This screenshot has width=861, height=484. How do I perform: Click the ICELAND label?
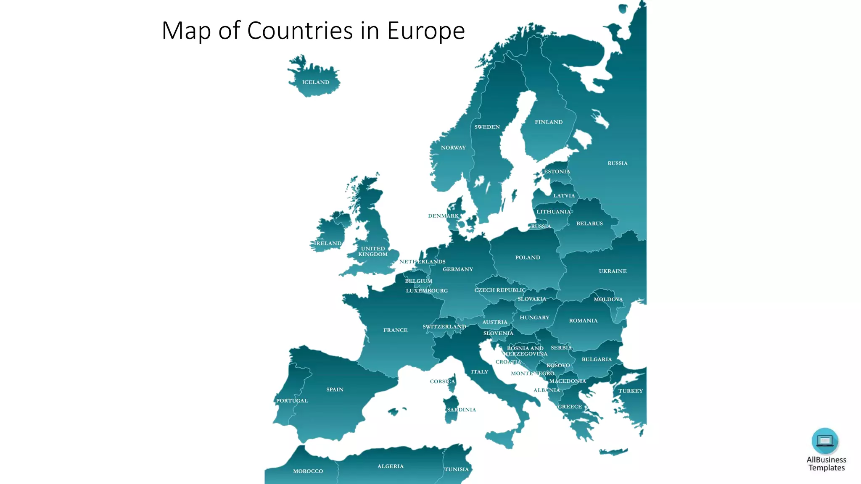316,82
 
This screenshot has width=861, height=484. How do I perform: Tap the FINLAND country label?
549,122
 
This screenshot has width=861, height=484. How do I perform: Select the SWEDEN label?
487,127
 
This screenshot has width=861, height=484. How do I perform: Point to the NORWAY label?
453,148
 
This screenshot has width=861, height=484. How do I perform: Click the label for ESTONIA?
557,171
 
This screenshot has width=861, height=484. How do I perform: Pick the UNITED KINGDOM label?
373,251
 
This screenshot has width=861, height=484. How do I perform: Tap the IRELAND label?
328,243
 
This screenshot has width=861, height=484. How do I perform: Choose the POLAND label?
528,258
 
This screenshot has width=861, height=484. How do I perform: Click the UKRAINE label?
613,271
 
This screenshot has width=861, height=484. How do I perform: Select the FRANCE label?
395,330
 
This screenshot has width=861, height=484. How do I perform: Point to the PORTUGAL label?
292,401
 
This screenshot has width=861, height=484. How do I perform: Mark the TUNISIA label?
456,469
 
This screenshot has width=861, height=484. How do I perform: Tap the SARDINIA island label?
461,410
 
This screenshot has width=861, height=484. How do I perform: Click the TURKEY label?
630,391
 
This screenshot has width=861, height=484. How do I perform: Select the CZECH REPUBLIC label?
500,290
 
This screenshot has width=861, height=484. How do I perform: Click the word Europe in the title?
426,31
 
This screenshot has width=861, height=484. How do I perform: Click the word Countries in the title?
300,31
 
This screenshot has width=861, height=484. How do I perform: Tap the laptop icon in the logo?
825,441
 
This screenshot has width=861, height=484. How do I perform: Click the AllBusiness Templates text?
826,464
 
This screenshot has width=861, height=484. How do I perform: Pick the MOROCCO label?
308,471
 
